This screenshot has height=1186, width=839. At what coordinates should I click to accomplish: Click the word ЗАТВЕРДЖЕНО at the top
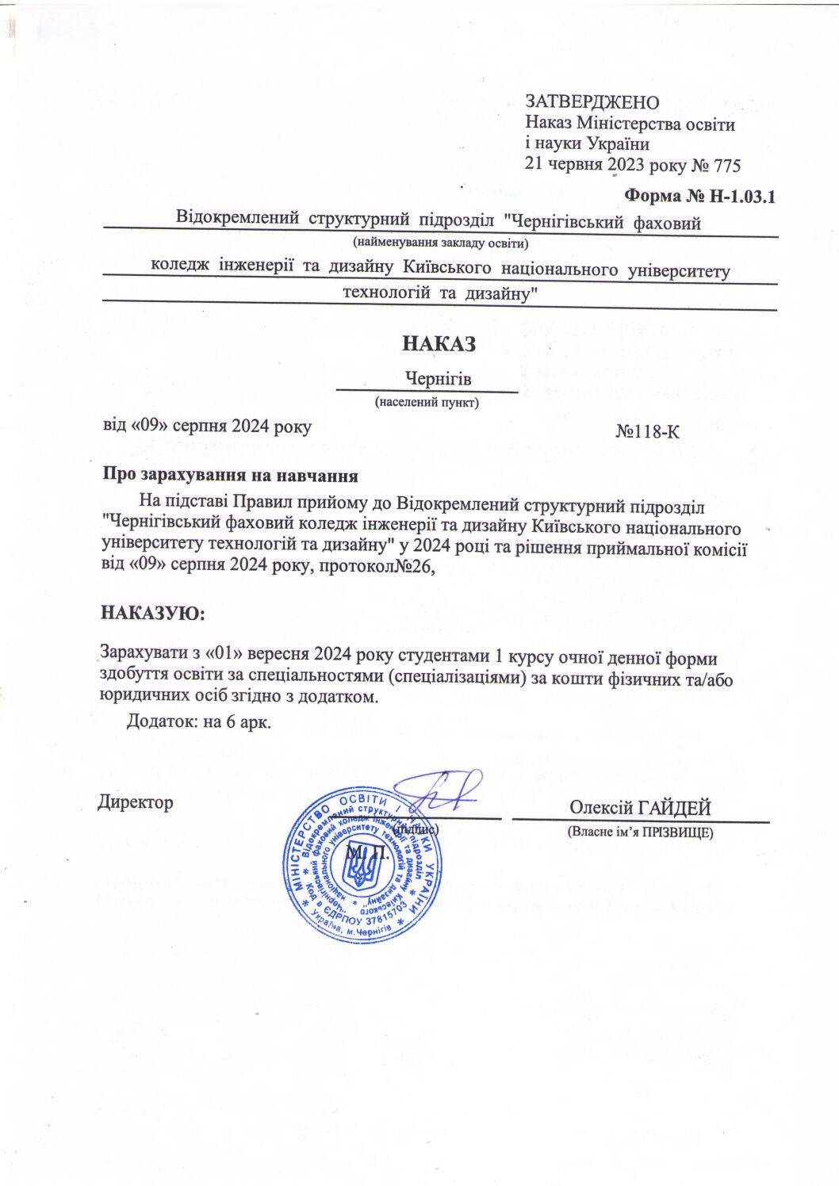click(x=592, y=102)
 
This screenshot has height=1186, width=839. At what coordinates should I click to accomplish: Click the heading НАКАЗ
click(x=439, y=344)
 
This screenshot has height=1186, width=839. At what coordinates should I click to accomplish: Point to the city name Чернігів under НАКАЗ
click(x=438, y=379)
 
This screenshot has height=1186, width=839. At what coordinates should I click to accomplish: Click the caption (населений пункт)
click(x=427, y=402)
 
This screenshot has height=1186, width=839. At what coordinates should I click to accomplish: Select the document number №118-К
click(x=647, y=432)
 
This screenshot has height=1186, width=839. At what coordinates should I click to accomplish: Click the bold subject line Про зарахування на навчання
click(x=230, y=476)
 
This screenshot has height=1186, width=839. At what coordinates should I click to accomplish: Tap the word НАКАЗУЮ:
click(x=152, y=613)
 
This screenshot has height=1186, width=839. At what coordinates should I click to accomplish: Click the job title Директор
click(x=136, y=802)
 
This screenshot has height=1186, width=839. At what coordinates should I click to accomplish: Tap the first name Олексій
click(x=601, y=808)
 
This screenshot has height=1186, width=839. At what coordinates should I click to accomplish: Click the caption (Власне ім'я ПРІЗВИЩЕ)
click(x=640, y=832)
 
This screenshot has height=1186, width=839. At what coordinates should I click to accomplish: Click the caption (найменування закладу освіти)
click(x=441, y=243)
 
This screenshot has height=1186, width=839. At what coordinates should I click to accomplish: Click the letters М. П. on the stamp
click(x=367, y=853)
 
